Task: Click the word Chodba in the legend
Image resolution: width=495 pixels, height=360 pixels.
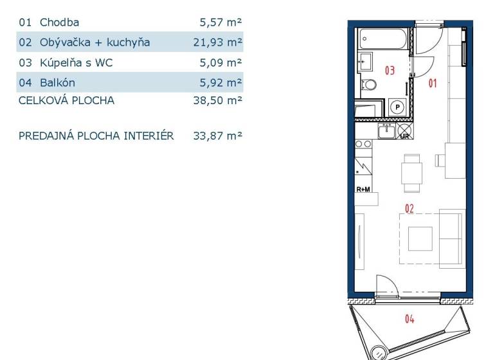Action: pyautogui.click(x=59, y=22)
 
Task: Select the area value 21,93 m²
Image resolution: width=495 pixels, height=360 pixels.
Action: pyautogui.click(x=217, y=42)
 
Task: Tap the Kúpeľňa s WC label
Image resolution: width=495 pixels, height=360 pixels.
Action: pyautogui.click(x=76, y=62)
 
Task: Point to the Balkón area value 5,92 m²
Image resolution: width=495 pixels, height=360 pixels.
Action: pyautogui.click(x=221, y=83)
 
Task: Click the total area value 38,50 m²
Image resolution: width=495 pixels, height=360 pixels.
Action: pyautogui.click(x=217, y=100)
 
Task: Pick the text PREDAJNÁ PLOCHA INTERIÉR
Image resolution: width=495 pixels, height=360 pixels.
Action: pyautogui.click(x=96, y=136)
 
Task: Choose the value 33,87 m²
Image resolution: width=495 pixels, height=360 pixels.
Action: pyautogui.click(x=217, y=136)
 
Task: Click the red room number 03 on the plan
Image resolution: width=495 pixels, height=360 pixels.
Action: pyautogui.click(x=390, y=70)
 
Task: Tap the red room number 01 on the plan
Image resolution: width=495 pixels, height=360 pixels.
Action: pyautogui.click(x=433, y=84)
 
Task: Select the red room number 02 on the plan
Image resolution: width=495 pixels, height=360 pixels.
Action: pyautogui.click(x=410, y=208)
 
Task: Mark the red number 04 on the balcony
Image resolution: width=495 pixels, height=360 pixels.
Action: pyautogui.click(x=410, y=319)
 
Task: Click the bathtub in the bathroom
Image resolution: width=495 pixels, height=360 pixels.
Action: pyautogui.click(x=383, y=39)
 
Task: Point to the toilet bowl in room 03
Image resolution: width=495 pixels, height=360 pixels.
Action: pyautogui.click(x=369, y=85)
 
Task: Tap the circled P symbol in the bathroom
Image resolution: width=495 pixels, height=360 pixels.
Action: pyautogui.click(x=397, y=107)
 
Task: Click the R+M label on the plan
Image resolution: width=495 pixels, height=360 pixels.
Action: pyautogui.click(x=363, y=190)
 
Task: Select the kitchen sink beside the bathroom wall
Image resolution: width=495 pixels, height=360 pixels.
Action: pyautogui.click(x=387, y=130)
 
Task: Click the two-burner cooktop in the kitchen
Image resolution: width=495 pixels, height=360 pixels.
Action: pyautogui.click(x=363, y=144)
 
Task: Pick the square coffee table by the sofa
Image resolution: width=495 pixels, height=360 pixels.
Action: pyautogui.click(x=420, y=239)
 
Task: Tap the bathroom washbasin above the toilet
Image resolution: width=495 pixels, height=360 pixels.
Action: pyautogui.click(x=366, y=62)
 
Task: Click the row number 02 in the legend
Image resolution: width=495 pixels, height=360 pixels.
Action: pyautogui.click(x=25, y=42)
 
